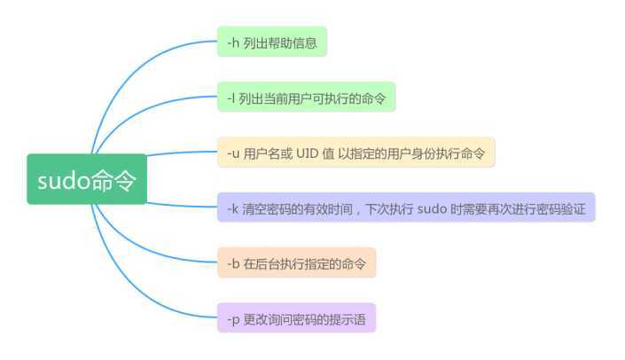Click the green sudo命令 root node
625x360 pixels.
(x=86, y=179)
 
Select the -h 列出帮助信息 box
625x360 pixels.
(x=272, y=41)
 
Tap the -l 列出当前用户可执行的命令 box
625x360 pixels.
(x=306, y=97)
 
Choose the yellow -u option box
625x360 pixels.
(x=355, y=153)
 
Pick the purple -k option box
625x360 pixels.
(x=406, y=207)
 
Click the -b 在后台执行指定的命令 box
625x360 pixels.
(x=296, y=262)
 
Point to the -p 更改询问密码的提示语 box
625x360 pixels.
(x=296, y=317)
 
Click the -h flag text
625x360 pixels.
(x=233, y=42)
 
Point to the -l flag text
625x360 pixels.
(x=231, y=97)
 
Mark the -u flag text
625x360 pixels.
(x=233, y=153)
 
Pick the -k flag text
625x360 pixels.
(x=232, y=207)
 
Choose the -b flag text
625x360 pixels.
(x=233, y=262)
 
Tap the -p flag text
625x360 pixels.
(x=233, y=317)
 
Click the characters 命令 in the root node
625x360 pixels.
(x=114, y=180)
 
